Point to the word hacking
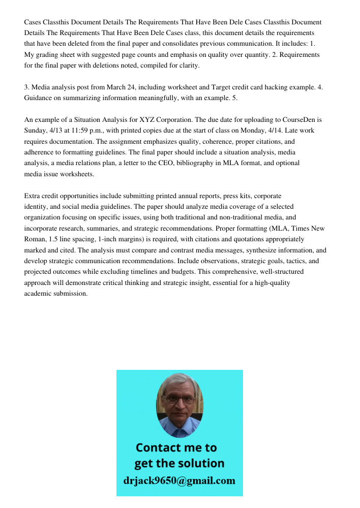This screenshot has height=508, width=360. [257, 87]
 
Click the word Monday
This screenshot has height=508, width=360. [254, 131]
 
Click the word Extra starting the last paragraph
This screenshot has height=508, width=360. [33, 196]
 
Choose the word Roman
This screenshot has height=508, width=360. [36, 239]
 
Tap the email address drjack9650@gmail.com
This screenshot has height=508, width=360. [179, 481]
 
